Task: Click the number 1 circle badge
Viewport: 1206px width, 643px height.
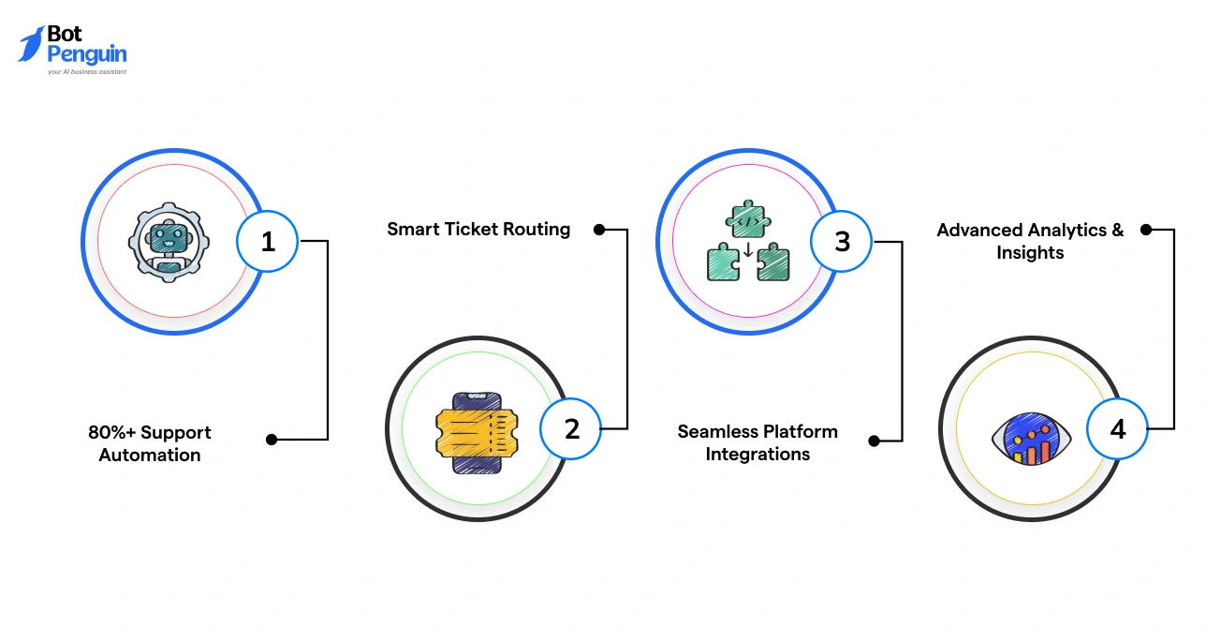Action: [x=268, y=241]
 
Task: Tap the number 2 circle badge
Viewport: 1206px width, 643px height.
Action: [x=571, y=428]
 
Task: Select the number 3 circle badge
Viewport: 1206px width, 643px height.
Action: [x=842, y=241]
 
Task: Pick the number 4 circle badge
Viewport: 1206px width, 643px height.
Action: [x=1118, y=429]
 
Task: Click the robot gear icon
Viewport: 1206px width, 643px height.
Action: [x=169, y=241]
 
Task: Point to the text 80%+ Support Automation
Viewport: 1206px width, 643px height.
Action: [x=150, y=443]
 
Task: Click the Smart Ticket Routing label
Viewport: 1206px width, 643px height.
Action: [x=478, y=229]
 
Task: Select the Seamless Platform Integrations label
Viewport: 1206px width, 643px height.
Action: [x=757, y=442]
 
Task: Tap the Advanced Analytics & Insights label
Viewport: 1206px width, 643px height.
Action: [x=1030, y=241]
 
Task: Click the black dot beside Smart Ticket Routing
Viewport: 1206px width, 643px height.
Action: [x=599, y=229]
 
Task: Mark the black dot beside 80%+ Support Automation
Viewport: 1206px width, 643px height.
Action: [x=272, y=439]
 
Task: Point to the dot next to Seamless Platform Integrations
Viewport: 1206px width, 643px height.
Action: [x=874, y=440]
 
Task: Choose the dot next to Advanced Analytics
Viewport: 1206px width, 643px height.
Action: [x=1144, y=229]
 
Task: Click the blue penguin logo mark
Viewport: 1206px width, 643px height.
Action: [x=31, y=44]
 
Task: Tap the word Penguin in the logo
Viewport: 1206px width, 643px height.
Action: [x=86, y=54]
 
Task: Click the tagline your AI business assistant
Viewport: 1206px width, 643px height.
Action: [x=86, y=71]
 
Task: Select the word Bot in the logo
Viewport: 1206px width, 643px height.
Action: [x=65, y=35]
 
